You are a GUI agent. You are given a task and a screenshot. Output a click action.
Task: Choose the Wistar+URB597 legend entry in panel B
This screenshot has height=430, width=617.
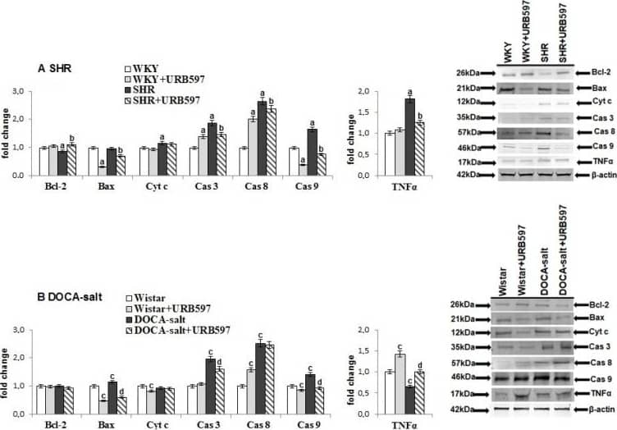point(167,308)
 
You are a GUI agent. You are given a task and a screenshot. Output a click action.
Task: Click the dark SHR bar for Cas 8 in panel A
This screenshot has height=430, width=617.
point(261,126)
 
